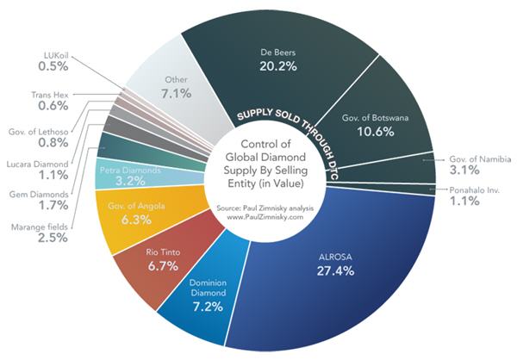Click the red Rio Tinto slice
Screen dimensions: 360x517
163,259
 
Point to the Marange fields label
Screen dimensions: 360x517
40,227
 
